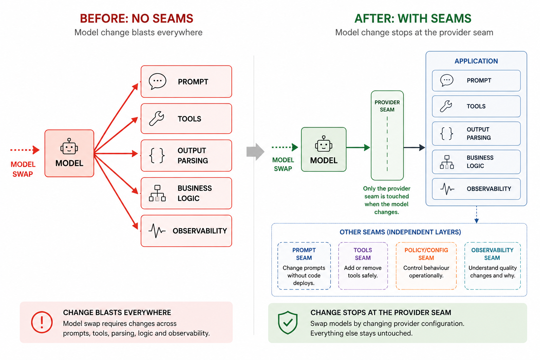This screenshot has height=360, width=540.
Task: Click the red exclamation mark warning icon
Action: (42, 322)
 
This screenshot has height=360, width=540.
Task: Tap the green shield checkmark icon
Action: (288, 322)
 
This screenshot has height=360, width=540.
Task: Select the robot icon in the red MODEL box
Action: (69, 146)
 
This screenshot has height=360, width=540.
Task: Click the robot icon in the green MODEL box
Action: (323, 144)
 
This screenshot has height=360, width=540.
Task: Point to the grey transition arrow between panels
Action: (255, 152)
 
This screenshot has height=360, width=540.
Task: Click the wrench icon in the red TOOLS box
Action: (156, 118)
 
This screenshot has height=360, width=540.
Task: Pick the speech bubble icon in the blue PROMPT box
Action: (447, 80)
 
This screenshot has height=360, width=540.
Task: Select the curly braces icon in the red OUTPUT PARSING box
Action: (157, 155)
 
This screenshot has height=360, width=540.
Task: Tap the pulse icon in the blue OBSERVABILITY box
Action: (447, 189)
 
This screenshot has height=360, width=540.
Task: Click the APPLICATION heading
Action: (476, 61)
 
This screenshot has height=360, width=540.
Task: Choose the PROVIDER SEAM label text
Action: (387, 106)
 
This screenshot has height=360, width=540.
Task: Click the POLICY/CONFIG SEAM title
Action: (426, 254)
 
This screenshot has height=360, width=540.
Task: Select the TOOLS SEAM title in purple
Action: (363, 254)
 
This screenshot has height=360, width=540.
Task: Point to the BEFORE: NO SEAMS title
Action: (137, 19)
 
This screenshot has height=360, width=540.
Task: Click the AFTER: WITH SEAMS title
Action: (413, 19)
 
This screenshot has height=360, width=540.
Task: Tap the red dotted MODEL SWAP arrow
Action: (25, 150)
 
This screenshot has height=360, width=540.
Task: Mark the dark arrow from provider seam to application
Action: (414, 147)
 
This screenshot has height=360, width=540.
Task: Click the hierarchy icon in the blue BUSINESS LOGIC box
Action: (447, 162)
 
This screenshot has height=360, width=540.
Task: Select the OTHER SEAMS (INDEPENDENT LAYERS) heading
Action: (400, 232)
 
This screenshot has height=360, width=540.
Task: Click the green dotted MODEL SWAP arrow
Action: (285, 147)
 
